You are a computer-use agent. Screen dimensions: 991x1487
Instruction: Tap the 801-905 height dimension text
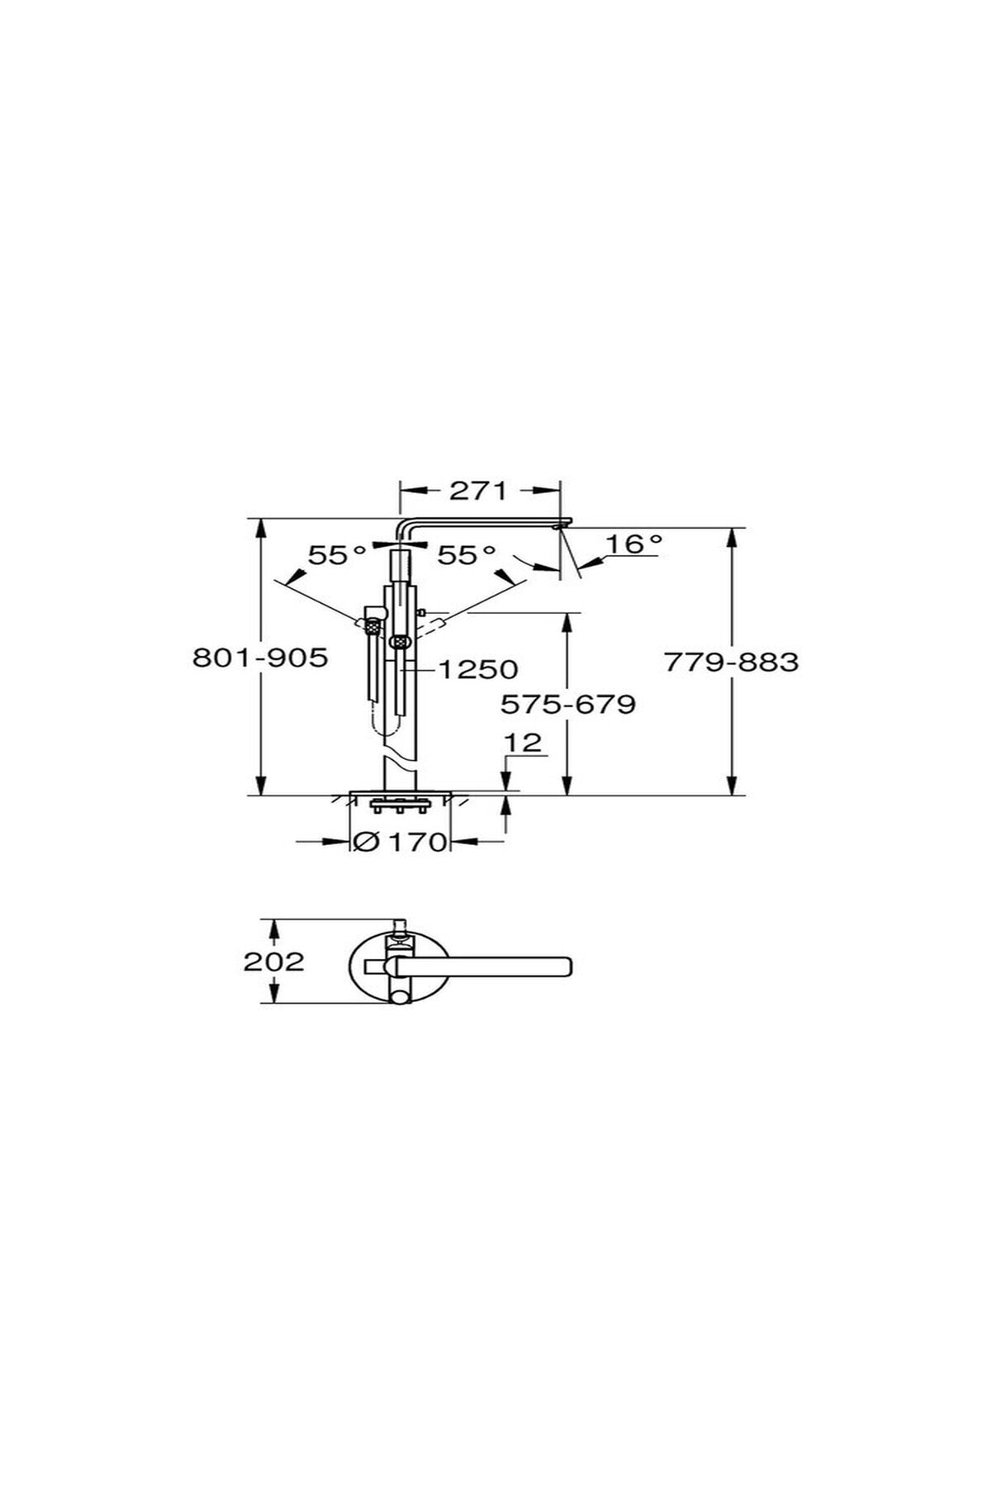pyautogui.click(x=260, y=658)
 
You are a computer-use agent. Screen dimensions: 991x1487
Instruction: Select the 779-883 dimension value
pyautogui.click(x=732, y=662)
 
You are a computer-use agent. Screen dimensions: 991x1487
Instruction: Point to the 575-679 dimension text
pyautogui.click(x=568, y=704)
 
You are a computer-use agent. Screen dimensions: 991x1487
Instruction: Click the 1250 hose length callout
pyautogui.click(x=477, y=668)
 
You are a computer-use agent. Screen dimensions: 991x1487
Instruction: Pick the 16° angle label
pyautogui.click(x=633, y=544)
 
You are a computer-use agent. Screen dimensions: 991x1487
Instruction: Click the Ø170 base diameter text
pyautogui.click(x=400, y=842)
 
